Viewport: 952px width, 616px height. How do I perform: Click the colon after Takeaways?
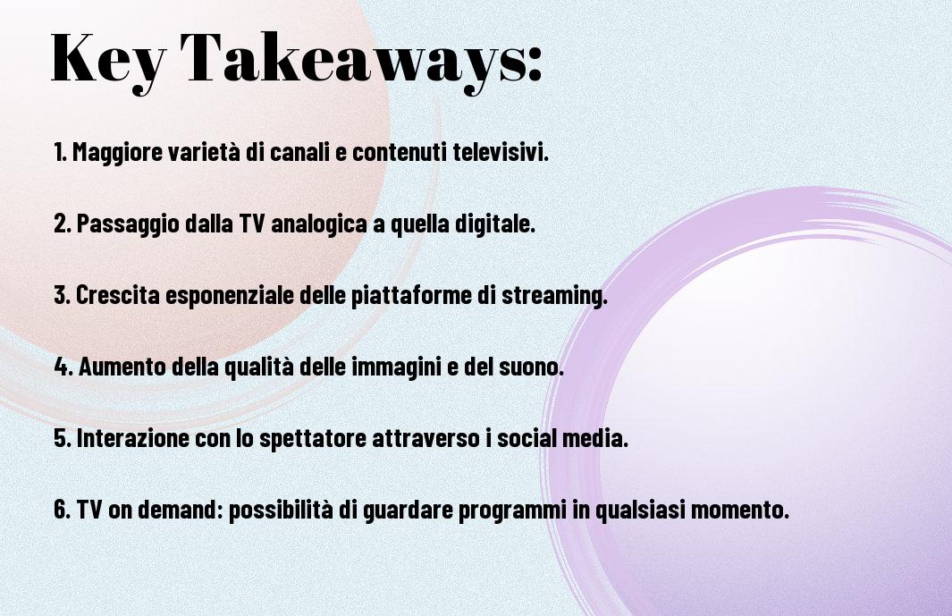(534, 63)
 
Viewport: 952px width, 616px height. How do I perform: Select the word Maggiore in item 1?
(118, 153)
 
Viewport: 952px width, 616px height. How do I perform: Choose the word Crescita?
(118, 295)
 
